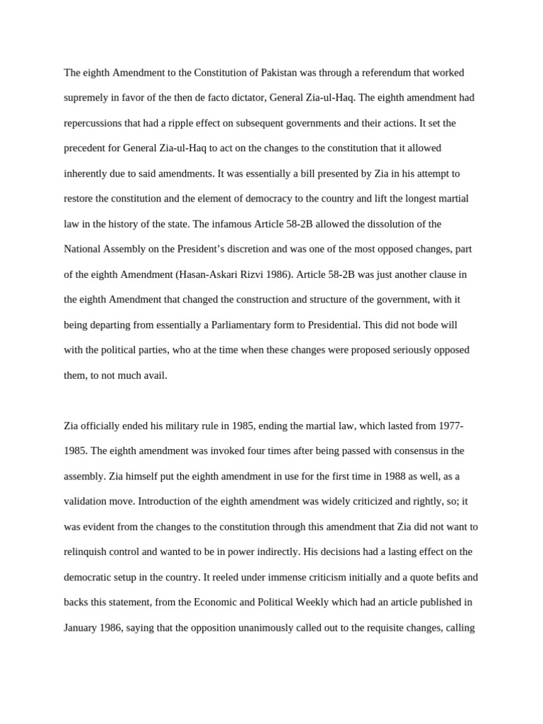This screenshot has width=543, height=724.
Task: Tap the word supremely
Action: tap(87, 98)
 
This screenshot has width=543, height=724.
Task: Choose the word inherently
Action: tap(87, 173)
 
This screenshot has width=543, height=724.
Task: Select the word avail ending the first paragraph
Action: tap(156, 375)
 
